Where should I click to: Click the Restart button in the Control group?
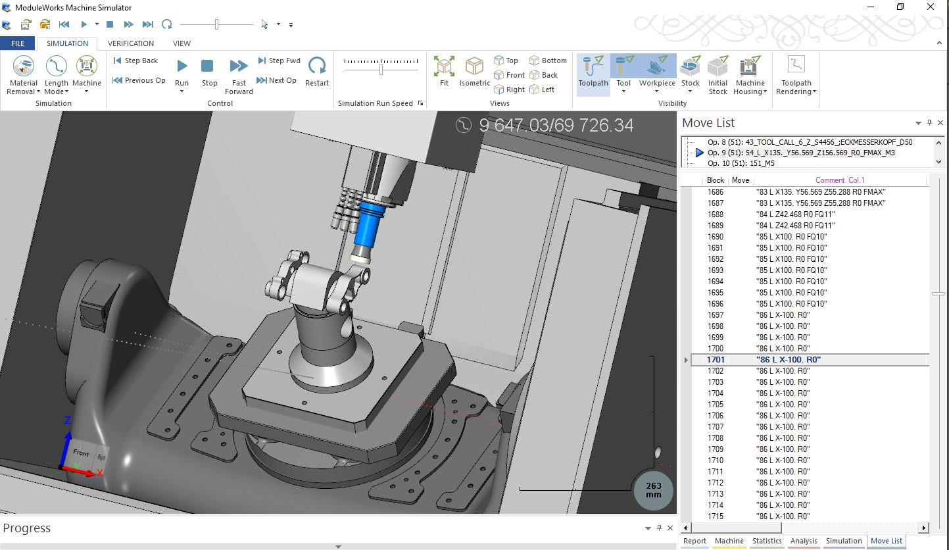pos(317,70)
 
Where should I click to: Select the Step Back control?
pos(135,61)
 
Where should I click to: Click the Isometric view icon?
pos(474,70)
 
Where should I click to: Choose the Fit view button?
pos(444,70)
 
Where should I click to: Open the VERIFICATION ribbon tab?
pos(131,43)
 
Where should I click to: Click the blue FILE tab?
pos(18,43)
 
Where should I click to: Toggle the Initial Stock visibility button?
pos(718,74)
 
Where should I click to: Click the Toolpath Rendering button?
pos(796,74)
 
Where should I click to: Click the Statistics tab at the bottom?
pos(767,541)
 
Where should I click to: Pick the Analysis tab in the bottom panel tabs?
pos(804,541)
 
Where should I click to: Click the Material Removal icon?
pos(24,70)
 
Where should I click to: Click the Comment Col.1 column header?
pos(840,180)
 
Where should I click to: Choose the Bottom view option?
pos(548,61)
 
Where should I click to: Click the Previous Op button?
pos(139,80)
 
